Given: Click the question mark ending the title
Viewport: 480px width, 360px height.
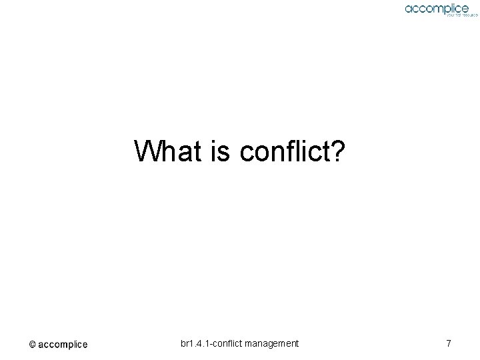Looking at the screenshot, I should click(337, 151).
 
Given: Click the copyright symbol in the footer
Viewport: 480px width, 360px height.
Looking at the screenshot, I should click(32, 345).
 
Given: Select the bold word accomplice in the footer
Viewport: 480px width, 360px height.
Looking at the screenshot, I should click(63, 345).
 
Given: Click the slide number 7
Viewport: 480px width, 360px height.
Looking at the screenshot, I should click(449, 343).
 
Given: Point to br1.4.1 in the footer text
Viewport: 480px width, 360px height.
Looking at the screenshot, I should click(195, 343).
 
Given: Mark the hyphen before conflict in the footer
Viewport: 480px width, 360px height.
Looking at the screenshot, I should click(211, 344).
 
